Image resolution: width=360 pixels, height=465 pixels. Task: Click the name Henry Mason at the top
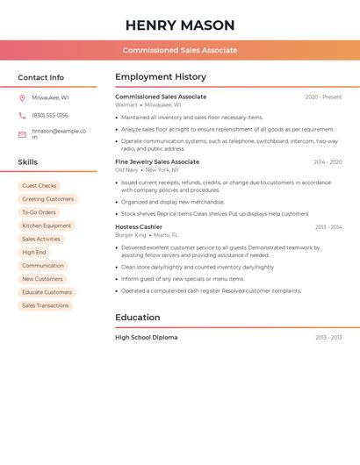[180, 25]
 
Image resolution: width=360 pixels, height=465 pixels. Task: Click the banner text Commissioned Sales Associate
[180, 50]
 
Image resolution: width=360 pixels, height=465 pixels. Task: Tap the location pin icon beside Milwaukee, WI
[22, 97]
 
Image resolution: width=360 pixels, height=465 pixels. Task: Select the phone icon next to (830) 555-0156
[22, 115]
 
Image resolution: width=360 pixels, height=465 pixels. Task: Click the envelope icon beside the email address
[22, 134]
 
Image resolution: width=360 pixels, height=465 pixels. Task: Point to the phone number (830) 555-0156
[50, 115]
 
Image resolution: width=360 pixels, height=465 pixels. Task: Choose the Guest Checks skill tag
[40, 186]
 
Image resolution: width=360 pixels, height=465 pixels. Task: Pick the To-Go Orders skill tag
[39, 212]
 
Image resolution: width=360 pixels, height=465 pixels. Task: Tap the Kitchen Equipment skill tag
[47, 225]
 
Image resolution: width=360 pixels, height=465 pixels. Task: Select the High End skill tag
[34, 252]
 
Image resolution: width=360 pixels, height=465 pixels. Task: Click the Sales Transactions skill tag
[46, 305]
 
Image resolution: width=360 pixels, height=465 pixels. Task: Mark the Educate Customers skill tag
[47, 292]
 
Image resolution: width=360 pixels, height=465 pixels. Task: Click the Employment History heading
[161, 77]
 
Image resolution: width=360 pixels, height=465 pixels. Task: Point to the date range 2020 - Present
[323, 97]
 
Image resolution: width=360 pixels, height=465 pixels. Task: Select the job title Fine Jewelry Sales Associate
[157, 161]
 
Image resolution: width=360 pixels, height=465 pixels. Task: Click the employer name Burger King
[131, 235]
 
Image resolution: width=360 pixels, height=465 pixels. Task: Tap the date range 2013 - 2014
[328, 226]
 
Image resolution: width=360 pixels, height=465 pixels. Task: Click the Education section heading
[138, 318]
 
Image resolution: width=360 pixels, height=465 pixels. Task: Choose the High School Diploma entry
[146, 337]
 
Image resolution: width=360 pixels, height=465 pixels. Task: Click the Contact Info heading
[41, 77]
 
